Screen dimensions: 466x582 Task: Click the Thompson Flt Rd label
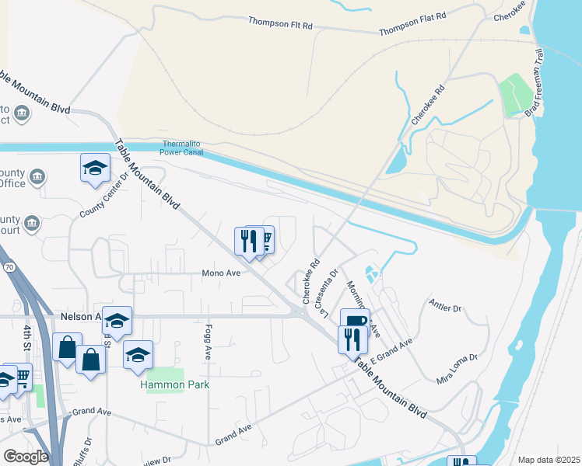pos(280,24)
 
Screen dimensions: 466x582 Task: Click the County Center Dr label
pos(103,200)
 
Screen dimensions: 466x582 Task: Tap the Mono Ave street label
pos(221,273)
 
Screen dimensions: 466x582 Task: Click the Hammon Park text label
pos(175,384)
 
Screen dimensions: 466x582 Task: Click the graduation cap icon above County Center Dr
pos(95,167)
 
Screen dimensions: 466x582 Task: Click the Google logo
pos(25,457)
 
